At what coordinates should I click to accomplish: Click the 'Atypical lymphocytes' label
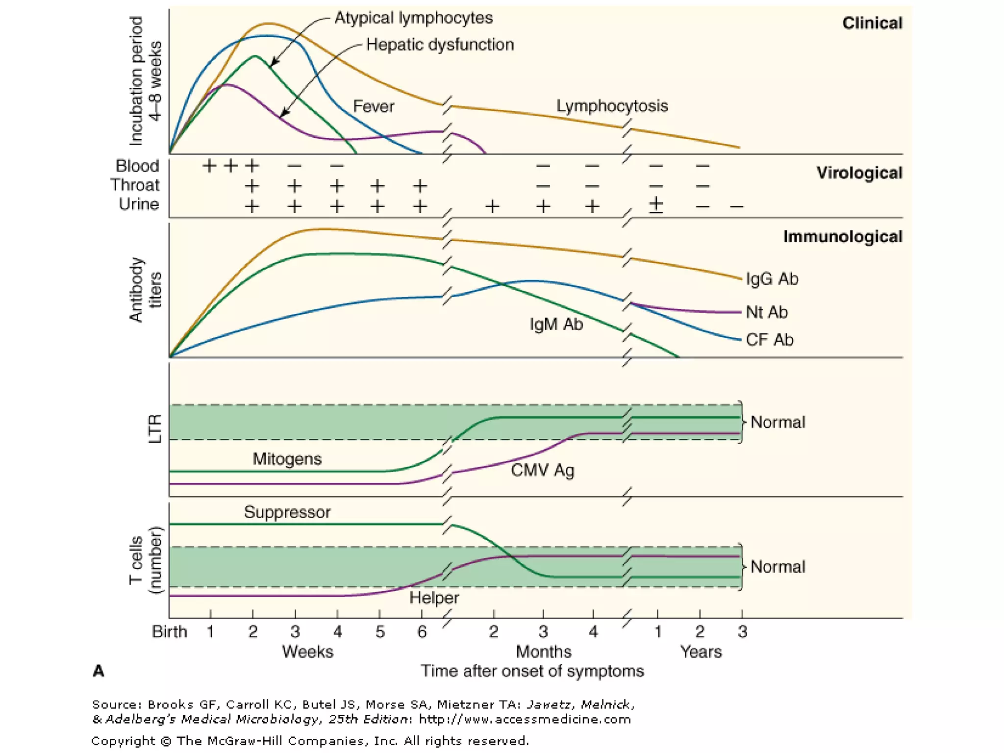[413, 18]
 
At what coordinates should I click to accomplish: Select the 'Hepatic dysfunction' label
[440, 45]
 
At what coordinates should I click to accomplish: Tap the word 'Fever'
[374, 106]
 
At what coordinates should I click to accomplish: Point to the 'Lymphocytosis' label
[612, 106]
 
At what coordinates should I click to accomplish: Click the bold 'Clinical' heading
[872, 23]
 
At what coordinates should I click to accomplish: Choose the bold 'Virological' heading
[859, 173]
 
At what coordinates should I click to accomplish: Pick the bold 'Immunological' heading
[842, 237]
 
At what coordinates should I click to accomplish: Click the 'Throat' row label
[135, 185]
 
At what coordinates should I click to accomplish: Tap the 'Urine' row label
[139, 204]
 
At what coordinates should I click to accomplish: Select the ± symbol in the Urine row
[656, 204]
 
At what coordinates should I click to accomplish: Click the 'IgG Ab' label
[772, 279]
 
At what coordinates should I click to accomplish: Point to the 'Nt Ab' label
[766, 312]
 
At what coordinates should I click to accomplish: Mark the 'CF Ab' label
[769, 340]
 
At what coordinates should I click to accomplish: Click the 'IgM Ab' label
[556, 325]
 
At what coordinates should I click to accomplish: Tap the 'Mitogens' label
[287, 459]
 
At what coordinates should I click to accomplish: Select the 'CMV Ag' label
[542, 470]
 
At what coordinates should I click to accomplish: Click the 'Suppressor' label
[287, 512]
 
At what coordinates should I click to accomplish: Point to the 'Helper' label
[434, 598]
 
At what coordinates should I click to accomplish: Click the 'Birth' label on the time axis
[169, 631]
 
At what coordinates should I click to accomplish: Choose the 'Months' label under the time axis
[543, 652]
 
